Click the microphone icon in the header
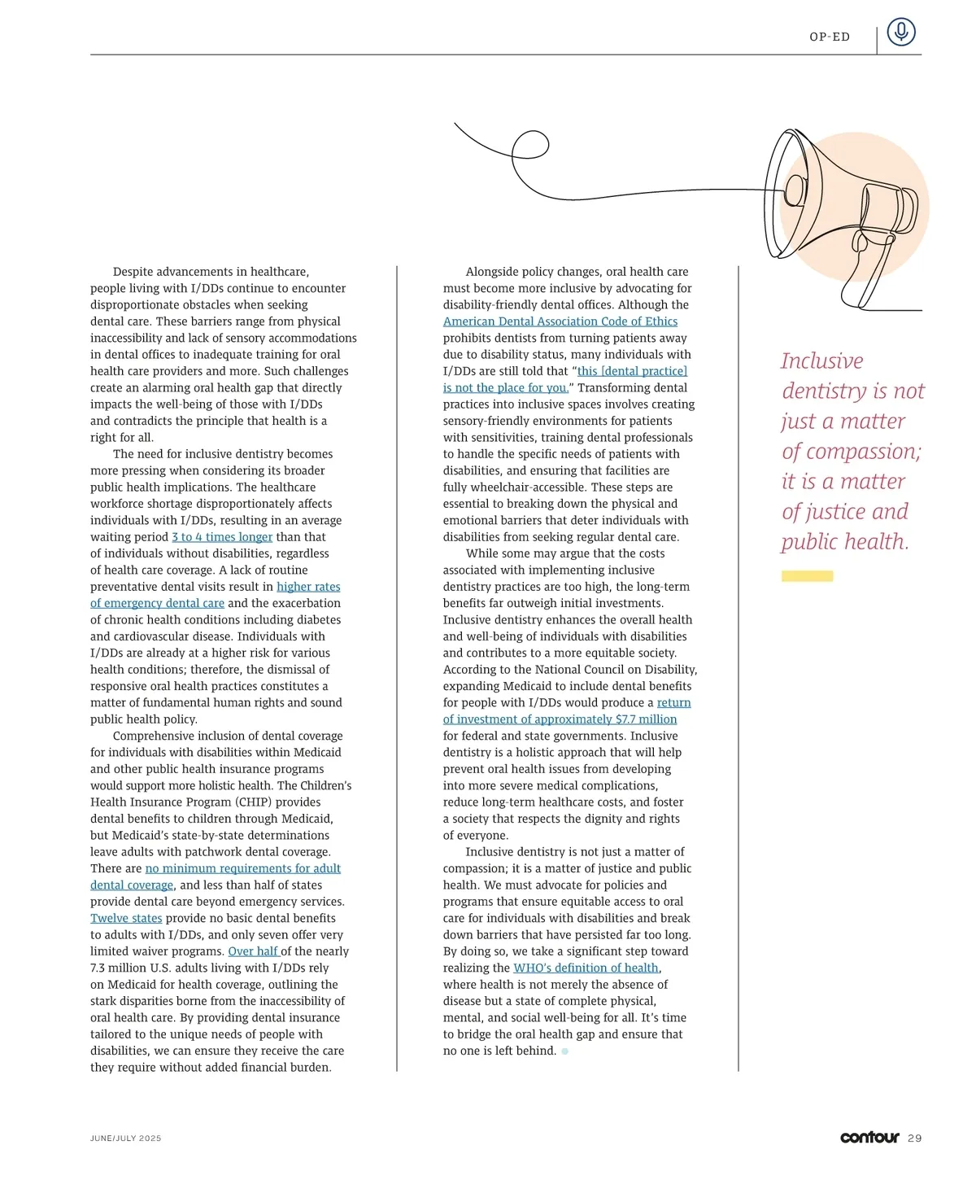900,33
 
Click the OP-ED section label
830,37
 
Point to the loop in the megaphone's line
529,146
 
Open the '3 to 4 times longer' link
222,537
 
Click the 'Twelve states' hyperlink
126,918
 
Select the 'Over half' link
253,951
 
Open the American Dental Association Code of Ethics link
560,321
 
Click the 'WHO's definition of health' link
586,968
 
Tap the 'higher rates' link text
308,587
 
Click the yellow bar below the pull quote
807,576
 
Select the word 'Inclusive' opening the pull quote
821,361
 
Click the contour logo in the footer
869,1137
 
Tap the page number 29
915,1138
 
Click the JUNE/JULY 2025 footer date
125,1138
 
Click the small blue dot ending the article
565,1051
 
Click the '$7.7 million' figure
646,719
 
